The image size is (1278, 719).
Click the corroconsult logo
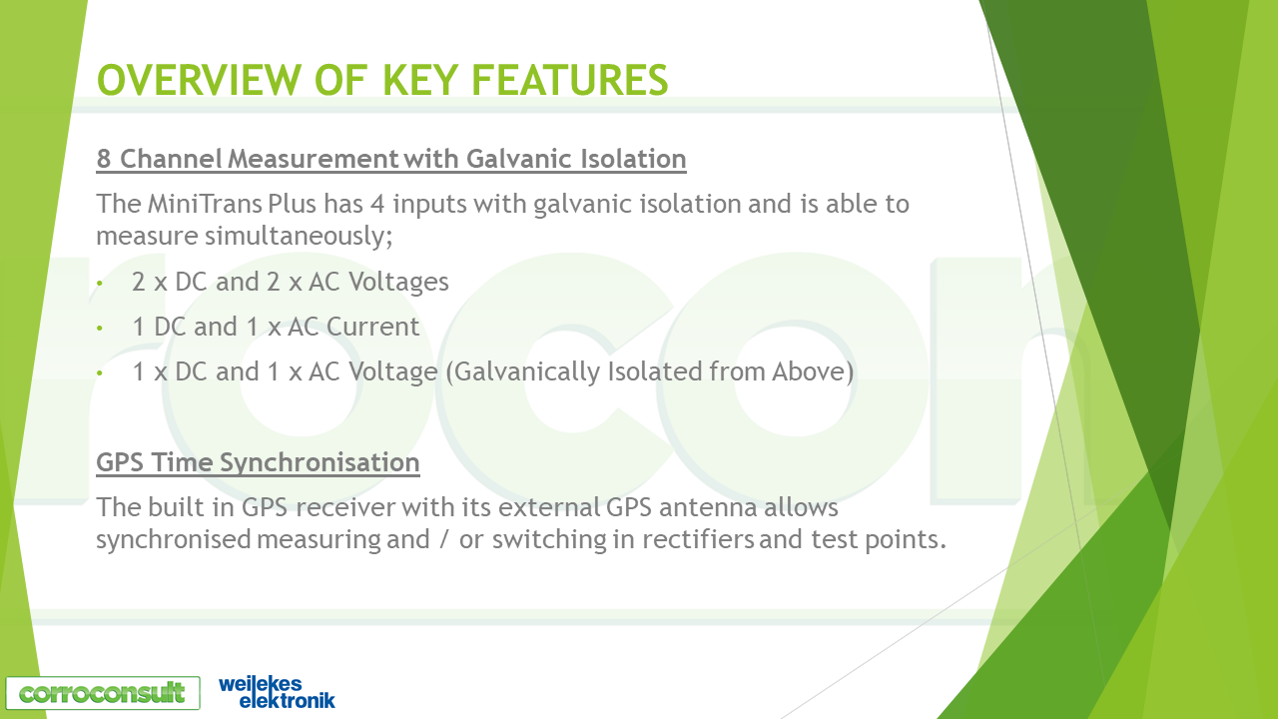(103, 693)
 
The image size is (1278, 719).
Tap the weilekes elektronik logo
(278, 692)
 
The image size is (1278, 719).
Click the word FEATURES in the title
(569, 80)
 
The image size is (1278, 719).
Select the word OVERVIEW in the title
(199, 80)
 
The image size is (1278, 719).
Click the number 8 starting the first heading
(103, 159)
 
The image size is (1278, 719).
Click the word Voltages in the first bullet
(398, 282)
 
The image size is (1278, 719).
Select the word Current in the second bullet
(373, 327)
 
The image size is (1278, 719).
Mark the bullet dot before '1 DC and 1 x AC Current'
(100, 329)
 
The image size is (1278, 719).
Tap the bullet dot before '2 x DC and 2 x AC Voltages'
(100, 283)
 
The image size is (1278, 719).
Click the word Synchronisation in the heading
(319, 462)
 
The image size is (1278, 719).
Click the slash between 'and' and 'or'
(444, 540)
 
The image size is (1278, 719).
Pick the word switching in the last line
(549, 540)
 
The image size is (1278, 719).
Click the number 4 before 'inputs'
(377, 205)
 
